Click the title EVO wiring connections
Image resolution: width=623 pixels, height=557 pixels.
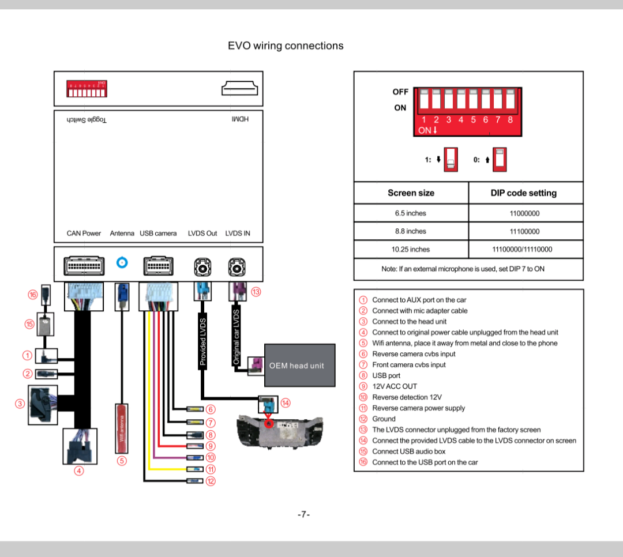coord(286,46)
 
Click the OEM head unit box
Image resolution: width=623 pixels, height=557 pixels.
coord(299,365)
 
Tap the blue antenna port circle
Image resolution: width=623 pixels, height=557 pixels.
coord(122,263)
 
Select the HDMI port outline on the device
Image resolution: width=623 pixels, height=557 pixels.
coord(239,89)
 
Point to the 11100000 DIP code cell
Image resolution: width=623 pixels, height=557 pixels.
coord(524,231)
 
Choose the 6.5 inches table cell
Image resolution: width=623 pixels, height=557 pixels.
coord(411,213)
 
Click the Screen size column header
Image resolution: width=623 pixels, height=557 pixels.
coord(411,193)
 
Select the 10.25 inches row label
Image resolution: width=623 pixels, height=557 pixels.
coord(411,250)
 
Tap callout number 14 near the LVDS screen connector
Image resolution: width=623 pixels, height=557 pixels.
coord(285,402)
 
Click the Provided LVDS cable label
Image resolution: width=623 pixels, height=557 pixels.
coord(203,341)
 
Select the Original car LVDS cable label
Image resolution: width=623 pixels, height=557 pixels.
coord(236,336)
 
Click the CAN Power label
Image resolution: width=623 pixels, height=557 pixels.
coord(84,234)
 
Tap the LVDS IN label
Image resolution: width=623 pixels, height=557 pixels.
coord(238,234)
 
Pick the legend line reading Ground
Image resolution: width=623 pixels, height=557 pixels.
coord(384,419)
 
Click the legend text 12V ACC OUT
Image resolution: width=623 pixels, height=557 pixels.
coord(394,386)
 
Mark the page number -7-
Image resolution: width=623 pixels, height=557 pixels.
coord(304,514)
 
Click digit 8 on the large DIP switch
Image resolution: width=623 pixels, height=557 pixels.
coord(510,120)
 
